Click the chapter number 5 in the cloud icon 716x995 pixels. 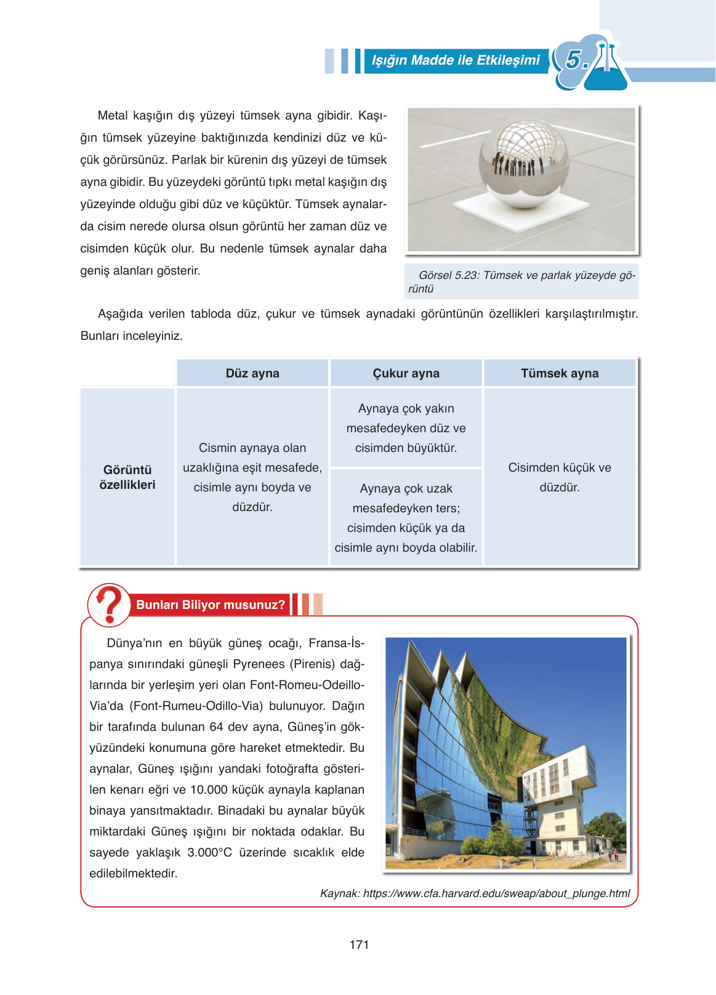[x=574, y=60]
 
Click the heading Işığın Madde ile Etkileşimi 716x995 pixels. [x=456, y=60]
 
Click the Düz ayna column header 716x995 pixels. [x=252, y=373]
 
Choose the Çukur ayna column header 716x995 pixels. [x=406, y=373]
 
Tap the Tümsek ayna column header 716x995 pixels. [x=559, y=373]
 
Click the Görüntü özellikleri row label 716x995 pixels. [x=127, y=477]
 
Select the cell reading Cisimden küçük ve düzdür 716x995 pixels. [x=559, y=477]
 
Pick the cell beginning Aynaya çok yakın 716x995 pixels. [x=406, y=428]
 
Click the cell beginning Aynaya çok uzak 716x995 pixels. [x=406, y=518]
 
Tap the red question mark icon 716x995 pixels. [x=109, y=604]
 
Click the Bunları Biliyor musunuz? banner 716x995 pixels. [x=211, y=605]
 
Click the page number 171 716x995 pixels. [x=359, y=945]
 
